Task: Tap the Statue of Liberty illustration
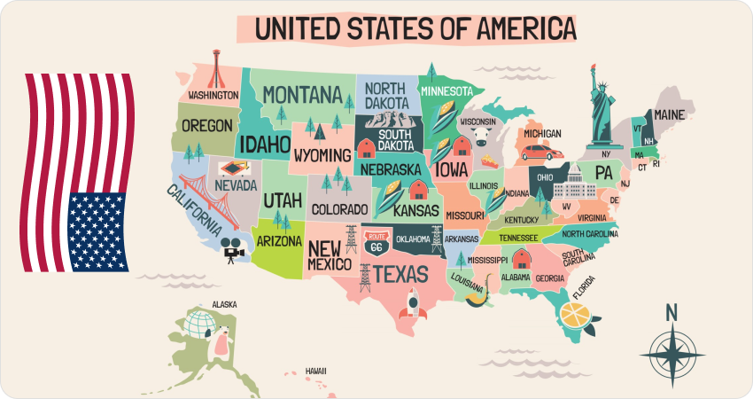602,102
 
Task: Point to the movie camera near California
232,250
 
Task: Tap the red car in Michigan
536,153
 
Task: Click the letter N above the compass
671,312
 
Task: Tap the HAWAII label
316,371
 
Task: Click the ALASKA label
224,305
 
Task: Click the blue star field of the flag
97,232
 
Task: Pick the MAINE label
669,114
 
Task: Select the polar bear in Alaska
218,341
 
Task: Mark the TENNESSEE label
518,238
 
